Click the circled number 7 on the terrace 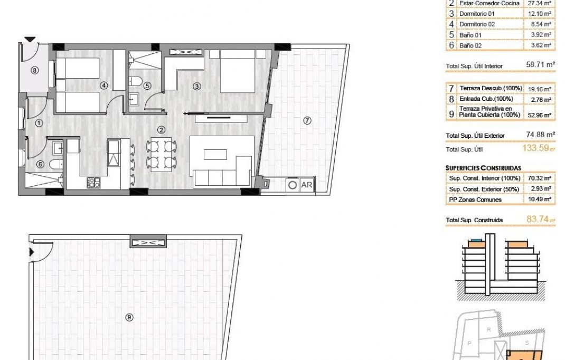307,120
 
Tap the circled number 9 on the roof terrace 129,317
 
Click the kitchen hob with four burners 94,183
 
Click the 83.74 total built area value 538,219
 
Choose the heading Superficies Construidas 484,167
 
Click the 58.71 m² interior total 540,65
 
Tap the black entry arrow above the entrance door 30,40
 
